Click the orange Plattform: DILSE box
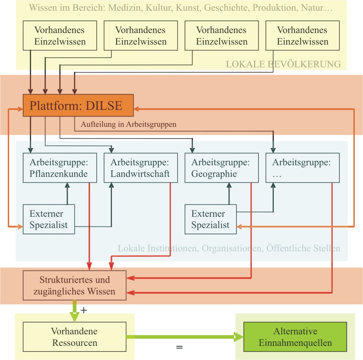click(78, 106)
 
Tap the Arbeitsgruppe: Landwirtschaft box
click(141, 168)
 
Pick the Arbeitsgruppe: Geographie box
click(222, 168)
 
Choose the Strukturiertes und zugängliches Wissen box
click(75, 286)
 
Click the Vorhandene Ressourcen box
click(75, 336)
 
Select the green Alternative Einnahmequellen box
click(295, 336)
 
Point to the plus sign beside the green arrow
click(84, 310)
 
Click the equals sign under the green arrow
click(179, 347)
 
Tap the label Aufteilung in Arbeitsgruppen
click(128, 124)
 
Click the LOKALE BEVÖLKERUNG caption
click(283, 64)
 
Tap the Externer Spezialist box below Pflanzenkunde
click(49, 219)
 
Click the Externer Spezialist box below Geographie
click(211, 219)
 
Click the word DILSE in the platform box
click(104, 106)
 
